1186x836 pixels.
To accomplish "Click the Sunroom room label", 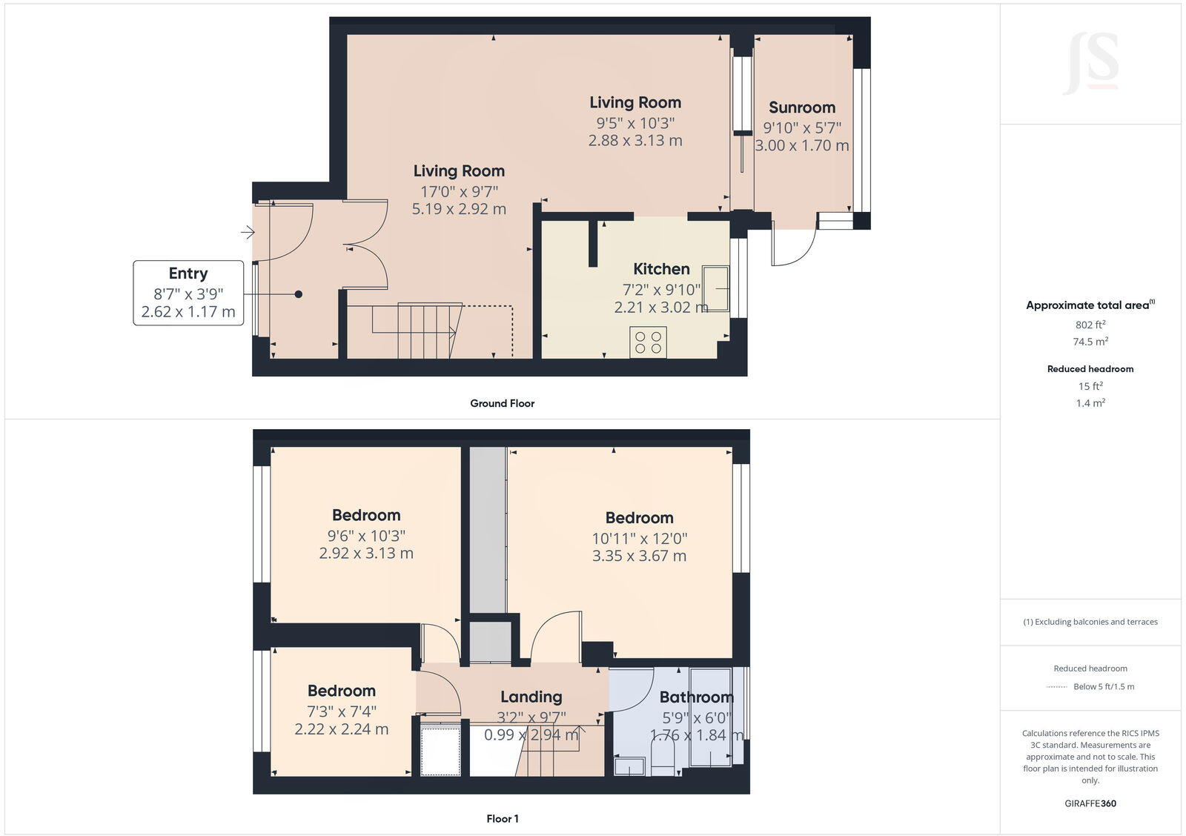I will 801,107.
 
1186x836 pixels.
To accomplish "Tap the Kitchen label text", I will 661,269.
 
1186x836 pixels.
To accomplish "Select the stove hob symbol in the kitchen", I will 648,342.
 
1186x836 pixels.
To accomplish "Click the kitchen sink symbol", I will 716,288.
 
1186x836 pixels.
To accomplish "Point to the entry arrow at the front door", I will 248,233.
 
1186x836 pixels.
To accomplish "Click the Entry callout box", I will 188,292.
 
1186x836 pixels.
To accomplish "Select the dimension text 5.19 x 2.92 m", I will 459,209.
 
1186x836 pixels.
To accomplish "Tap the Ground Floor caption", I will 502,403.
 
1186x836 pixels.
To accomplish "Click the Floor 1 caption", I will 502,819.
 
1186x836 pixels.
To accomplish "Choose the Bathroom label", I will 696,697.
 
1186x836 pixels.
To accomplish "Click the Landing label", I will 531,697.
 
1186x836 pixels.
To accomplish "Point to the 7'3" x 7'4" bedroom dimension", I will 342,711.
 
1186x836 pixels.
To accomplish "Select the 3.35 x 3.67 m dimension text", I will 639,556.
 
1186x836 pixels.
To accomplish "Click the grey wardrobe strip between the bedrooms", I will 488,529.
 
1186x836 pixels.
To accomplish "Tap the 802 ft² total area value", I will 1090,325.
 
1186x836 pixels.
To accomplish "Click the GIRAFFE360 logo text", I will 1090,803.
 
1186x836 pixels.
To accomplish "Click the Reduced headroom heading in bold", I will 1090,368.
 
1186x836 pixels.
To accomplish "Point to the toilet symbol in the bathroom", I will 662,759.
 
